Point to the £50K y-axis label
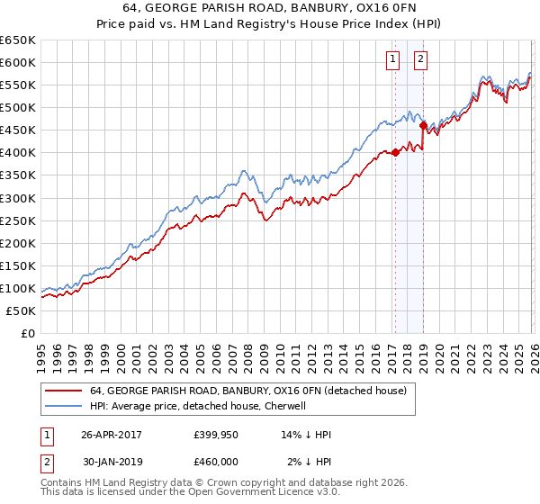coord(20,310)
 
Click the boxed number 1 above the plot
coord(394,60)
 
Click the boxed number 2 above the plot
coord(420,60)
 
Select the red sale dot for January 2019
coord(423,126)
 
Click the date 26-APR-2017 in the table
coord(112,435)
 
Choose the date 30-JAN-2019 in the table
coord(112,462)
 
